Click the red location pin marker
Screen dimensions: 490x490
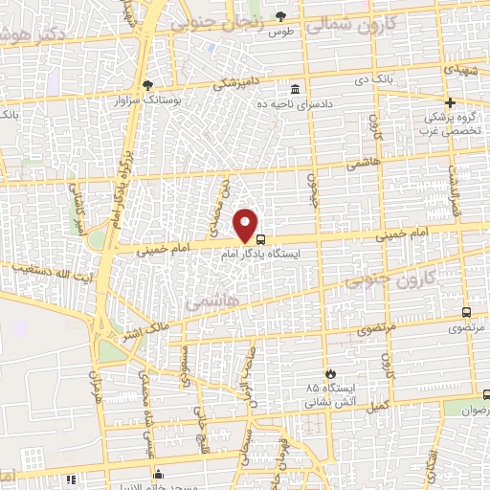coord(247,224)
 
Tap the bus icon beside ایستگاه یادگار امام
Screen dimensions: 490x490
coord(262,240)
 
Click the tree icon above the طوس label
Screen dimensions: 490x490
coord(280,16)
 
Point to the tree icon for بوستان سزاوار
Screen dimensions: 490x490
coord(146,84)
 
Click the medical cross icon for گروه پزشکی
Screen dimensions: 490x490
coord(450,102)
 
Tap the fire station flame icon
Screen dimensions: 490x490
coord(330,372)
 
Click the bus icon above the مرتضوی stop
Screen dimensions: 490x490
coord(466,312)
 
